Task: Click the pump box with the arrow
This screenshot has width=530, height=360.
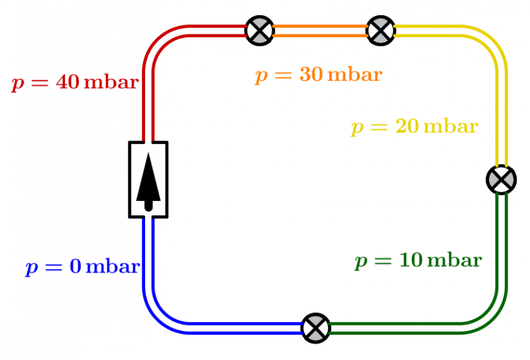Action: tap(148, 179)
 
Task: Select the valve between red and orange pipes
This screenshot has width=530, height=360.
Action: tap(260, 30)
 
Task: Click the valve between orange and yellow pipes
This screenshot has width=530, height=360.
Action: tap(381, 30)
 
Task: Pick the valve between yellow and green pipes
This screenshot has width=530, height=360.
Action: tap(501, 179)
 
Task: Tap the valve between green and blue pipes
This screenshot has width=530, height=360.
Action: tap(315, 328)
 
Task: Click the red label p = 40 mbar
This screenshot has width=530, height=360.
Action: tap(75, 83)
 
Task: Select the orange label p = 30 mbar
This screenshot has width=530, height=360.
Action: tap(319, 74)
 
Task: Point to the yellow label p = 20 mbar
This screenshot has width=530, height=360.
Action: tap(414, 126)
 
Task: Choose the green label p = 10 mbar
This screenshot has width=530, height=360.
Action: tap(418, 261)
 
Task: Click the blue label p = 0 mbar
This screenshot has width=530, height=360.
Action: tap(82, 267)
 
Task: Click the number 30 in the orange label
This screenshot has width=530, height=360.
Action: tap(311, 74)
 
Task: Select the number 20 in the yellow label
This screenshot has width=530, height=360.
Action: tap(406, 125)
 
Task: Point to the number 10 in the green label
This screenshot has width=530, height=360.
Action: tap(409, 260)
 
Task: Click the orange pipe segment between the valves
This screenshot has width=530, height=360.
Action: tap(320, 30)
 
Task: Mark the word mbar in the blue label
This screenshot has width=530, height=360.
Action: tap(113, 267)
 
